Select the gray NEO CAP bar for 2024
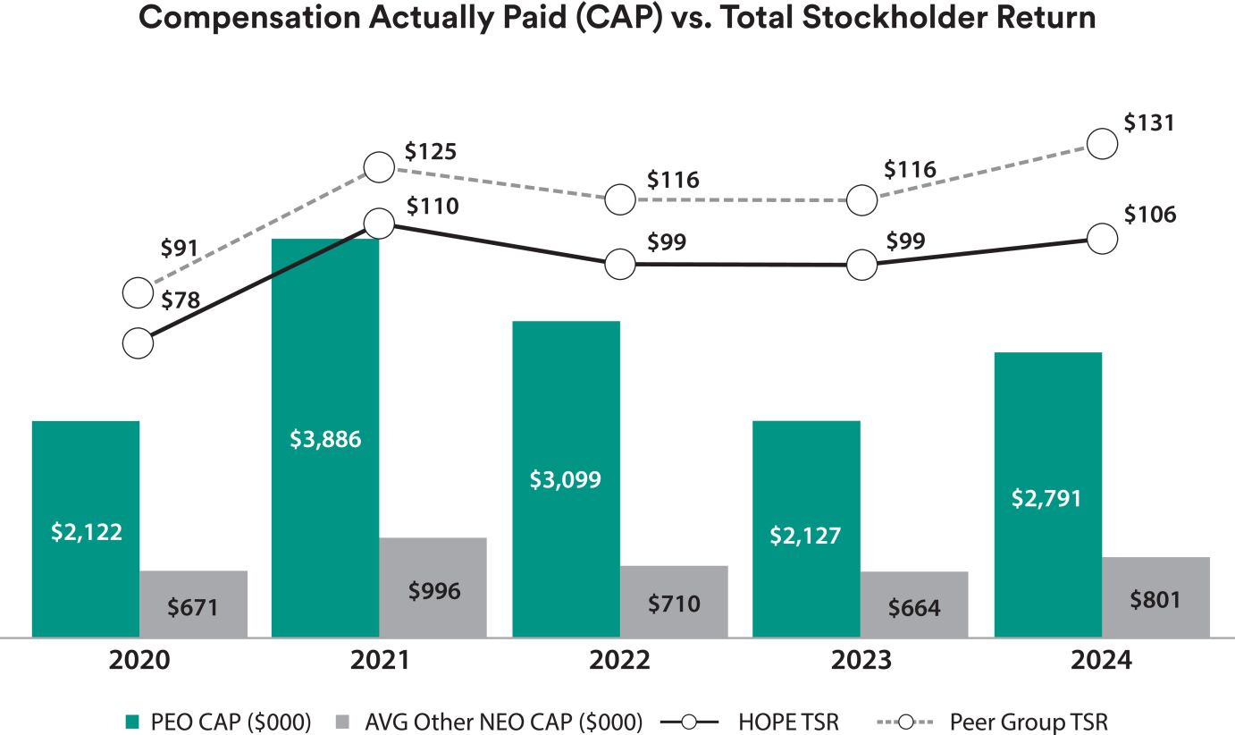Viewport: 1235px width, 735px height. tap(1155, 596)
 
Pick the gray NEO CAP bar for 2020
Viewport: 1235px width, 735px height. tap(193, 604)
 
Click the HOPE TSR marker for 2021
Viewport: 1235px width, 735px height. tap(379, 224)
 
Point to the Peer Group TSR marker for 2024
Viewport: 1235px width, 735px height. tap(1103, 143)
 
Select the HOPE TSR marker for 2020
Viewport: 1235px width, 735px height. tap(138, 342)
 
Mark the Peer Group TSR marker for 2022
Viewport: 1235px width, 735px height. tap(619, 199)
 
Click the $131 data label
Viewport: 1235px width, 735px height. tap(1149, 122)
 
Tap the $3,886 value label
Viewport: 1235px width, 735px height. tap(325, 439)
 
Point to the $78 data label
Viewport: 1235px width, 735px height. tap(181, 300)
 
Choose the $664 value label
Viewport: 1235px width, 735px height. tap(914, 608)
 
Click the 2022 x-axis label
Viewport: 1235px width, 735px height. tap(619, 661)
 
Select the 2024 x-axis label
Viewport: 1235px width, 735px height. tap(1101, 661)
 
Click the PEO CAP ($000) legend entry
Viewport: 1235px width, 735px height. tap(219, 721)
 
